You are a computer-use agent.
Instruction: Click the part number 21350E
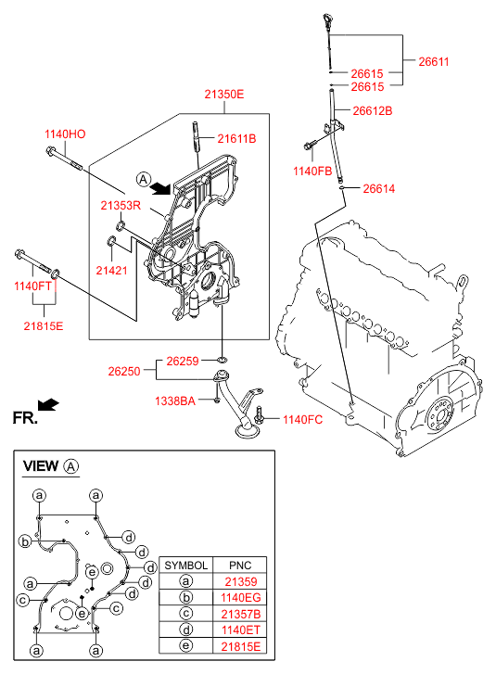click(x=224, y=95)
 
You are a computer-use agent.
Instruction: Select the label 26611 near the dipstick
click(x=434, y=61)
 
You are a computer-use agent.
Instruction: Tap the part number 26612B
click(x=372, y=111)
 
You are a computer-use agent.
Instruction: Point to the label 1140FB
click(x=312, y=172)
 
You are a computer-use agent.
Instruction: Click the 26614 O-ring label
click(x=378, y=189)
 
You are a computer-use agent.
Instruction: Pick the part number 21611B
click(x=236, y=139)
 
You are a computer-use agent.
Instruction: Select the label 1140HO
click(x=65, y=134)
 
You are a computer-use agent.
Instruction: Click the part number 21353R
click(x=121, y=206)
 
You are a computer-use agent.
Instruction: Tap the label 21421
click(x=111, y=271)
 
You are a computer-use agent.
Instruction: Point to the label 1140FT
click(x=32, y=286)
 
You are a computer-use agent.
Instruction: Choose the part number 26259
click(x=183, y=361)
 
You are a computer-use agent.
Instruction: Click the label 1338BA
click(x=175, y=401)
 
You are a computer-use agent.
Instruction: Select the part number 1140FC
click(x=302, y=420)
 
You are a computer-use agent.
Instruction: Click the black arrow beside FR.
click(x=48, y=404)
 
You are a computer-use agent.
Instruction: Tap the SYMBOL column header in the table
click(x=185, y=566)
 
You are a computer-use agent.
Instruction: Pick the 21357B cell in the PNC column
click(x=241, y=614)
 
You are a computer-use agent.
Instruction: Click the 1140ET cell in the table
click(x=241, y=630)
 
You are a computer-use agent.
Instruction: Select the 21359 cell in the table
click(x=241, y=581)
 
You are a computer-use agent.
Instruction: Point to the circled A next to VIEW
click(x=71, y=466)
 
